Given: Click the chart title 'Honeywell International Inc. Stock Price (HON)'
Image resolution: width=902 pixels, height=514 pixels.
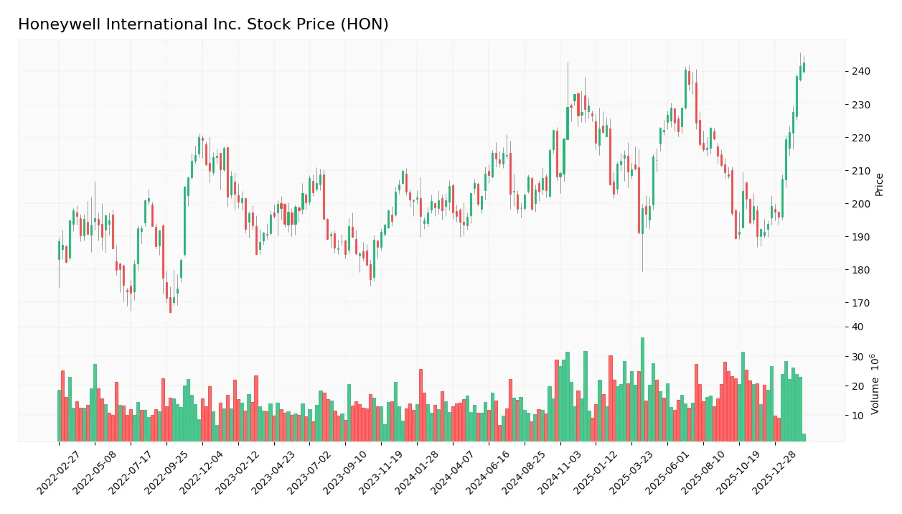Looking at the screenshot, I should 203,24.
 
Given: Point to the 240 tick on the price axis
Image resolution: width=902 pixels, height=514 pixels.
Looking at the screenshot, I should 861,71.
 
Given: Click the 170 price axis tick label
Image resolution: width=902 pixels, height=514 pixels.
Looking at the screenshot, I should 861,303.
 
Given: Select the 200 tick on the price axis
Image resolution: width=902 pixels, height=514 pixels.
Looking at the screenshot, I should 861,204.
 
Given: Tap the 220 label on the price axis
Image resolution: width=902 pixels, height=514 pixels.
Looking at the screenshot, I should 861,138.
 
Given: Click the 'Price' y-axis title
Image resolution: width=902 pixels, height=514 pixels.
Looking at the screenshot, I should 880,184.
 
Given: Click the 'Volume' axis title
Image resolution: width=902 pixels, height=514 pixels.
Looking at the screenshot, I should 875,384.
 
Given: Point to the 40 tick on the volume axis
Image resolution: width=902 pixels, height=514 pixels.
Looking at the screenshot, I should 858,327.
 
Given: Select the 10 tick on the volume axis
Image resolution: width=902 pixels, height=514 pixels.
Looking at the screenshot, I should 858,416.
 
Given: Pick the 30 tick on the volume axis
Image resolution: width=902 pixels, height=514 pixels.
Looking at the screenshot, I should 858,357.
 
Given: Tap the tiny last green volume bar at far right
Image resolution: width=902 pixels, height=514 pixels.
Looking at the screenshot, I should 804,437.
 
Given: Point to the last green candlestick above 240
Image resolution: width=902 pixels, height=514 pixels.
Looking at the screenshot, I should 804,67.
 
